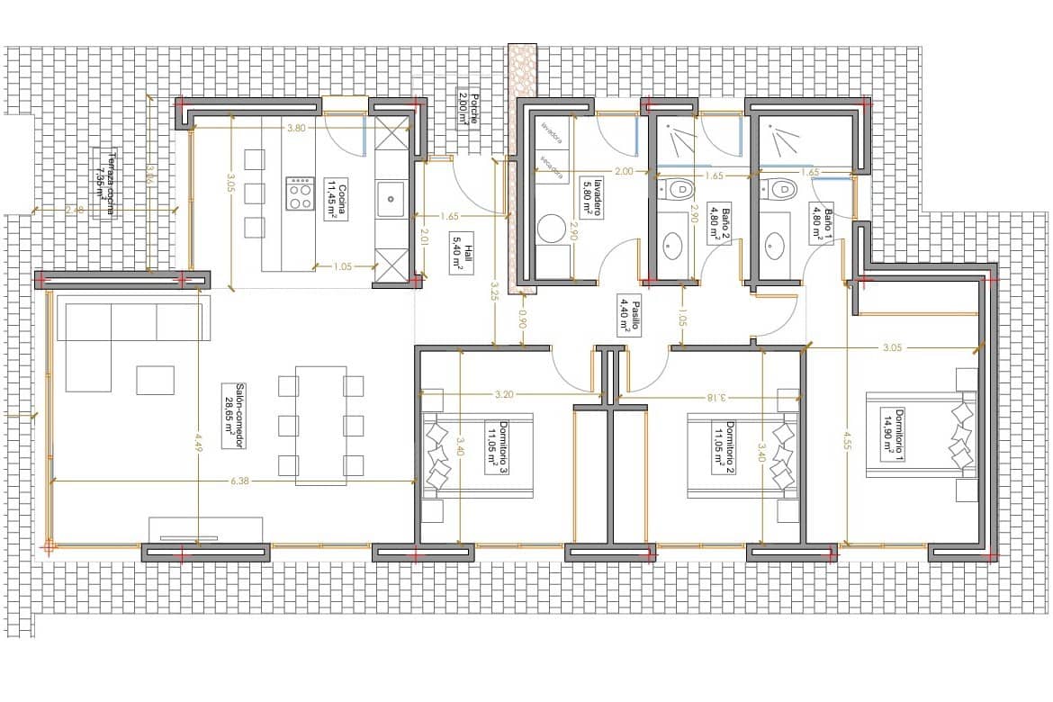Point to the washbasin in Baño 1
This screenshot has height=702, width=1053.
pos(774,243)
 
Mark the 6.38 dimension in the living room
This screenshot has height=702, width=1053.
pos(238,481)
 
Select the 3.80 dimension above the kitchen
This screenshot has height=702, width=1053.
pos(295,129)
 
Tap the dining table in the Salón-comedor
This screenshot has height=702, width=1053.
pos(320,425)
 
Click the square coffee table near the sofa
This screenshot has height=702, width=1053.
pos(155,380)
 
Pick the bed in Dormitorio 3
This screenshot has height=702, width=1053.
pos(477,454)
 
